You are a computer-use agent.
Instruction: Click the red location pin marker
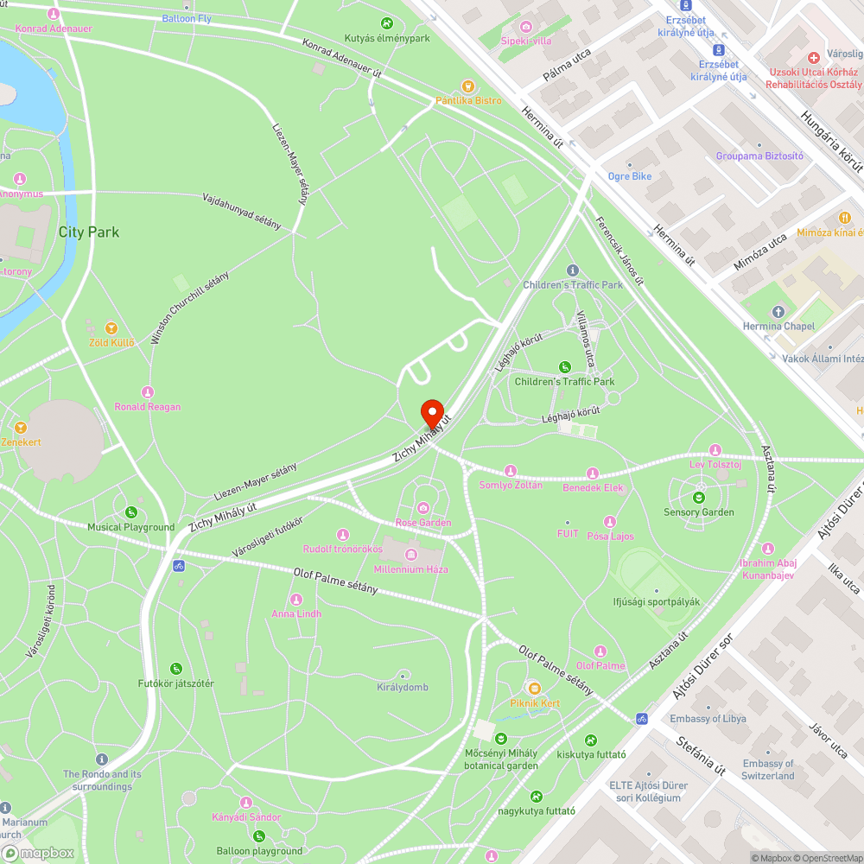pyautogui.click(x=432, y=413)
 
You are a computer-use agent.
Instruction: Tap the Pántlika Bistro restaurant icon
pyautogui.click(x=467, y=86)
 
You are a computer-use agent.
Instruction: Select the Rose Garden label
pyautogui.click(x=423, y=523)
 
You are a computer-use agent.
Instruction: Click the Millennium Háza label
pyautogui.click(x=410, y=569)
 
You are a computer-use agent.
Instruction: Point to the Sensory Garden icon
pyautogui.click(x=698, y=497)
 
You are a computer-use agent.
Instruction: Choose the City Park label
pyautogui.click(x=88, y=232)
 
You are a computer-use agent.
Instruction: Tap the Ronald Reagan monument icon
pyautogui.click(x=148, y=392)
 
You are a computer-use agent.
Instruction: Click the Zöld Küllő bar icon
pyautogui.click(x=111, y=328)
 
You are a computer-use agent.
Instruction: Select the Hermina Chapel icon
pyautogui.click(x=778, y=311)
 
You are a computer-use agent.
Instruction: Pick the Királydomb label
pyautogui.click(x=402, y=688)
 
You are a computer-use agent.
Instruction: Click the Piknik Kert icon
pyautogui.click(x=535, y=689)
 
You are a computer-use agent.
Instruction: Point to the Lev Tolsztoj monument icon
pyautogui.click(x=715, y=450)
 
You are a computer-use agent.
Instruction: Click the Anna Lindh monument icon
pyautogui.click(x=296, y=600)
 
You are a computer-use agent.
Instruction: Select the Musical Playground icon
pyautogui.click(x=131, y=512)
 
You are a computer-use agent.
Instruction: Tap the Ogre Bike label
pyautogui.click(x=630, y=176)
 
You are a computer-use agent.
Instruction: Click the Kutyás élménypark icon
pyautogui.click(x=386, y=23)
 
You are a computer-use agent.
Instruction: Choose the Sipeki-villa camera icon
pyautogui.click(x=527, y=27)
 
